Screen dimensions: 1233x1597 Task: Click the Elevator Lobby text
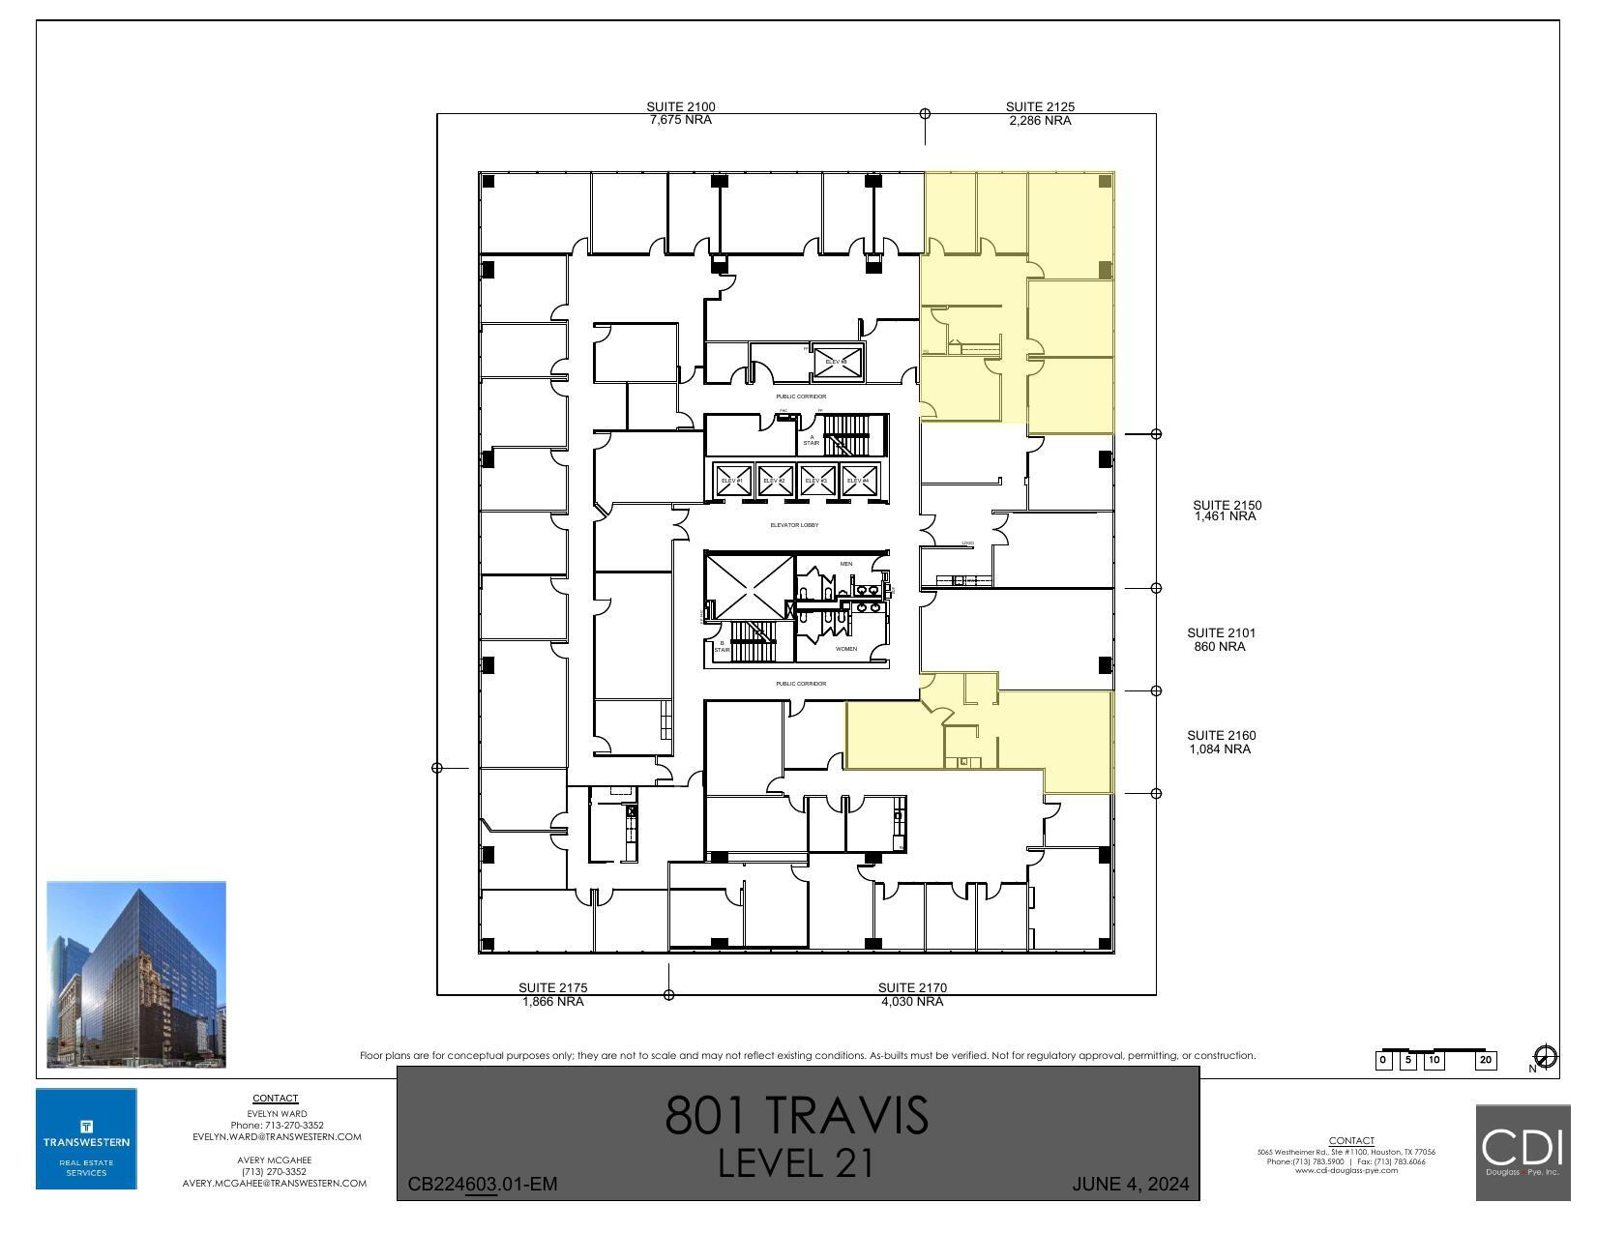(x=794, y=525)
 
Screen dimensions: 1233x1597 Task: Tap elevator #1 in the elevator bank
(x=732, y=481)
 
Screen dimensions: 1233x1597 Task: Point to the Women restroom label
(x=845, y=649)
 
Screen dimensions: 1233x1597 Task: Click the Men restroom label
(x=845, y=564)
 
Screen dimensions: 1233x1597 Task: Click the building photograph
(x=136, y=974)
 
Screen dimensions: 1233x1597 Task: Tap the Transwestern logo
(x=86, y=1139)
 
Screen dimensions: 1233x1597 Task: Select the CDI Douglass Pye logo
(x=1523, y=1152)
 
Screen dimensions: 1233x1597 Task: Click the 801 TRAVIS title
(x=796, y=1115)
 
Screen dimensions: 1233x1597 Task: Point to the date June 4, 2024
(x=1130, y=1185)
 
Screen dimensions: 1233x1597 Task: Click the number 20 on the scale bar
(x=1485, y=1061)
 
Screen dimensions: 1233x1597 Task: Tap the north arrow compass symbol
(x=1545, y=1057)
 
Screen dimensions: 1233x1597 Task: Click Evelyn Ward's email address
(x=277, y=1137)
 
